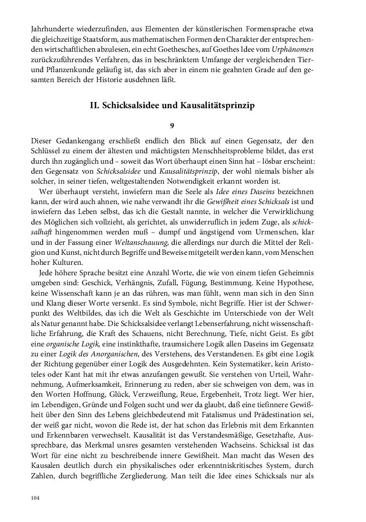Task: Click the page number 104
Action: point(34,498)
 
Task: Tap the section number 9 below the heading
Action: point(173,125)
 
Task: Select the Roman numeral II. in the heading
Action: point(94,105)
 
